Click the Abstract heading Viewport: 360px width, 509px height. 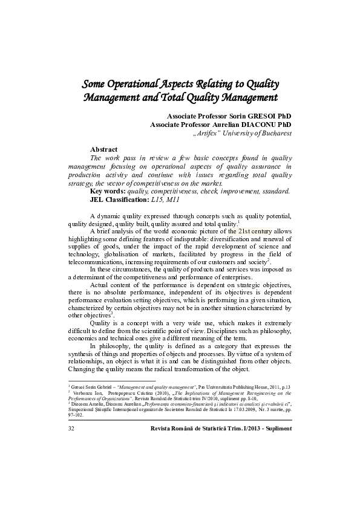click(x=103, y=149)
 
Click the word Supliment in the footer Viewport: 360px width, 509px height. click(x=274, y=427)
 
